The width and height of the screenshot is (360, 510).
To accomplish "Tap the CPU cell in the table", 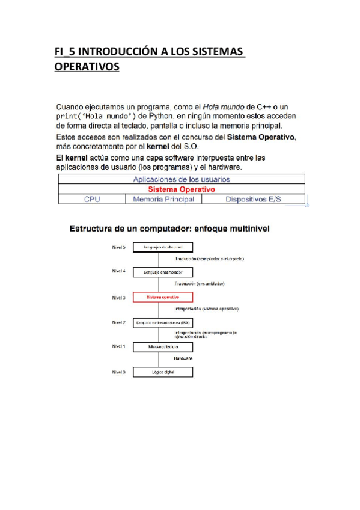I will coord(91,199).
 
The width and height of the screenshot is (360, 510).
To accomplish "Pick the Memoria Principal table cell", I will coord(163,199).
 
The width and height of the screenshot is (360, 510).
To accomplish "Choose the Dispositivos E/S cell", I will coord(252,199).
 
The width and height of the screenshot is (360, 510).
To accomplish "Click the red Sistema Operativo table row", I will coord(181,189).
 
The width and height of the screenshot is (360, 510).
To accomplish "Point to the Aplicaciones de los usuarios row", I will coord(181,179).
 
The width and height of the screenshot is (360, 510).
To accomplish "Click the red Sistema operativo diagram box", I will coord(162,297).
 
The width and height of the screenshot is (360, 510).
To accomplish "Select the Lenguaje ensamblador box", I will coord(162,272).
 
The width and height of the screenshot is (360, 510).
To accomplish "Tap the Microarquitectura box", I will coord(162,347).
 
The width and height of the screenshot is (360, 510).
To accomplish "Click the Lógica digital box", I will coord(162,372).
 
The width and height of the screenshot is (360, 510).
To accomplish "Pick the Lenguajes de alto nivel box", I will coord(162,247).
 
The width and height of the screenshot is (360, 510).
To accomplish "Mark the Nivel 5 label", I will coord(118,247).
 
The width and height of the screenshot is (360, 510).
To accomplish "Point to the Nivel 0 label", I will coord(118,372).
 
